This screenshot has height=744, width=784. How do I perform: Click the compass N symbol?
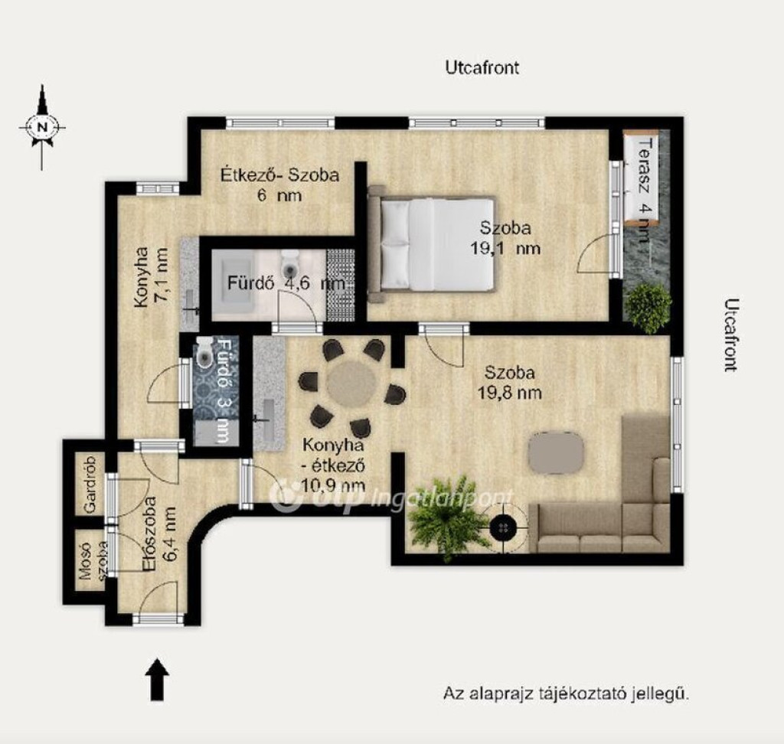point(42,127)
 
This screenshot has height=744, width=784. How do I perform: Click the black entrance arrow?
point(157,679)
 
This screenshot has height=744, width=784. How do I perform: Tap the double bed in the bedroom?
point(432,244)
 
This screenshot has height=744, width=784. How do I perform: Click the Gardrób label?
point(90,485)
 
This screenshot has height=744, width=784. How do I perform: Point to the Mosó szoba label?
point(93,562)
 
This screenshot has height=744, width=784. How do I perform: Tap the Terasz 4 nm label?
point(645,190)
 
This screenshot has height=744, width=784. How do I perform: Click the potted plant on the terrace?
point(648,308)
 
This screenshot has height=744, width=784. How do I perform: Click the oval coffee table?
point(556,452)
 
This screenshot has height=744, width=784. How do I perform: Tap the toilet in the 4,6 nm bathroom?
point(289,263)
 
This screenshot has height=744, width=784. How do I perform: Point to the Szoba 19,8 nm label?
point(509,383)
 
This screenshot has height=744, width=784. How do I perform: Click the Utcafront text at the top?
point(482,67)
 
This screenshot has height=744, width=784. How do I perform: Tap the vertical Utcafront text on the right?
point(730,335)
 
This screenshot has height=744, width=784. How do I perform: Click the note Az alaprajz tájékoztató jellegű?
point(567,694)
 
